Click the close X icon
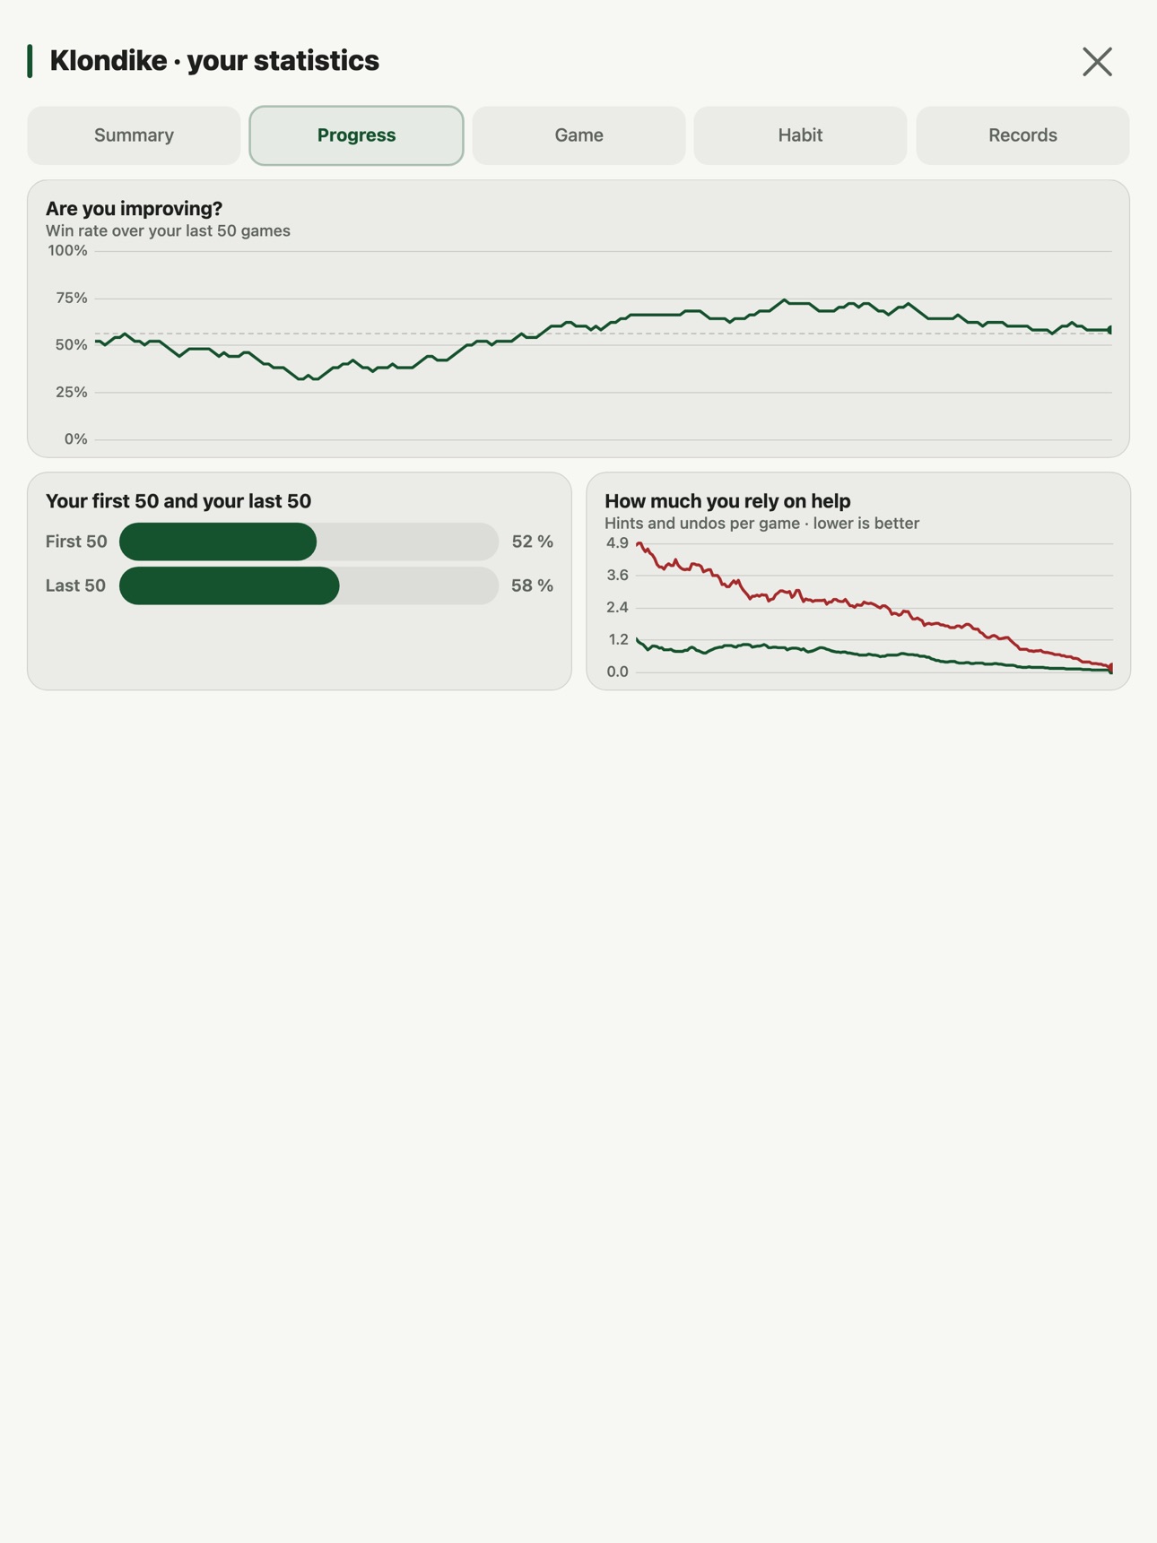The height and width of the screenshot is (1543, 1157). [x=1097, y=62]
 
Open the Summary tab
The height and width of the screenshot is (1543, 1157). [x=134, y=135]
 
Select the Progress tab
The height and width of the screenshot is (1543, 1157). [x=356, y=135]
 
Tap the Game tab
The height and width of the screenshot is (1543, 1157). [x=578, y=135]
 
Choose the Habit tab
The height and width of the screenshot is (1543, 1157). [x=800, y=135]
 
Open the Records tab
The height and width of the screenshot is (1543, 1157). [x=1022, y=135]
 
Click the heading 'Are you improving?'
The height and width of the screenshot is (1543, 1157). [x=134, y=208]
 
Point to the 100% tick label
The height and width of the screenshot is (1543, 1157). [x=67, y=251]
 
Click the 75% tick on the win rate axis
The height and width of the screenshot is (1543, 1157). [x=71, y=298]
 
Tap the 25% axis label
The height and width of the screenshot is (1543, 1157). [x=71, y=392]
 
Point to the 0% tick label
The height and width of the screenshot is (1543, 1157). [x=75, y=439]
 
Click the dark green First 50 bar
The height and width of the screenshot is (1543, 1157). [x=218, y=542]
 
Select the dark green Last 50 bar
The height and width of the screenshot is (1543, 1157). [x=230, y=585]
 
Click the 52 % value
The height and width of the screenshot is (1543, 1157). [x=532, y=542]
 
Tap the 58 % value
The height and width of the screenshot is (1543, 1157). [x=532, y=585]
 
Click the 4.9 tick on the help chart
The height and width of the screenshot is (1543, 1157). [x=617, y=543]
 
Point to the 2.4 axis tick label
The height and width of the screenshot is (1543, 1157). [x=617, y=608]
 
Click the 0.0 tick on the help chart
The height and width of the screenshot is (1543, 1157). [x=617, y=672]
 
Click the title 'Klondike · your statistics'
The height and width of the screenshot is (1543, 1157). [x=214, y=61]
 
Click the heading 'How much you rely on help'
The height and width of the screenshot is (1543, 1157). [x=727, y=501]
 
